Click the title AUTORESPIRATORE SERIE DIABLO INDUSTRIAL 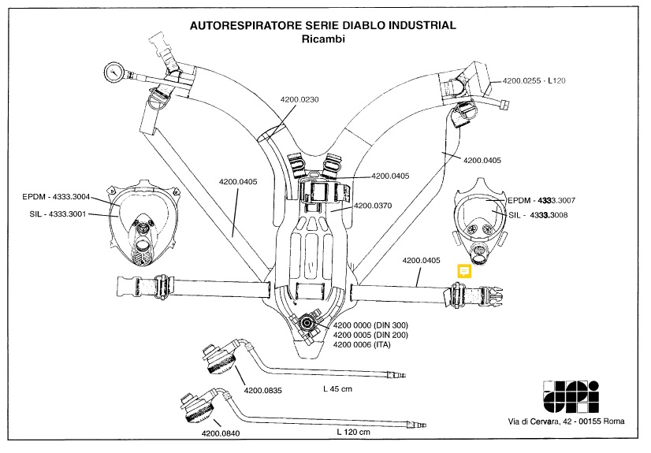(x=323, y=26)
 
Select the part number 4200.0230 (x=299, y=99)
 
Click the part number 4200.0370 (x=374, y=206)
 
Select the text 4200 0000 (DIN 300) (x=376, y=325)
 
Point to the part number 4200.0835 (x=264, y=389)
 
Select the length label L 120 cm (x=353, y=433)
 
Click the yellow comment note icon (x=465, y=271)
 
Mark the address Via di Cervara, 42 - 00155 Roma (x=566, y=422)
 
